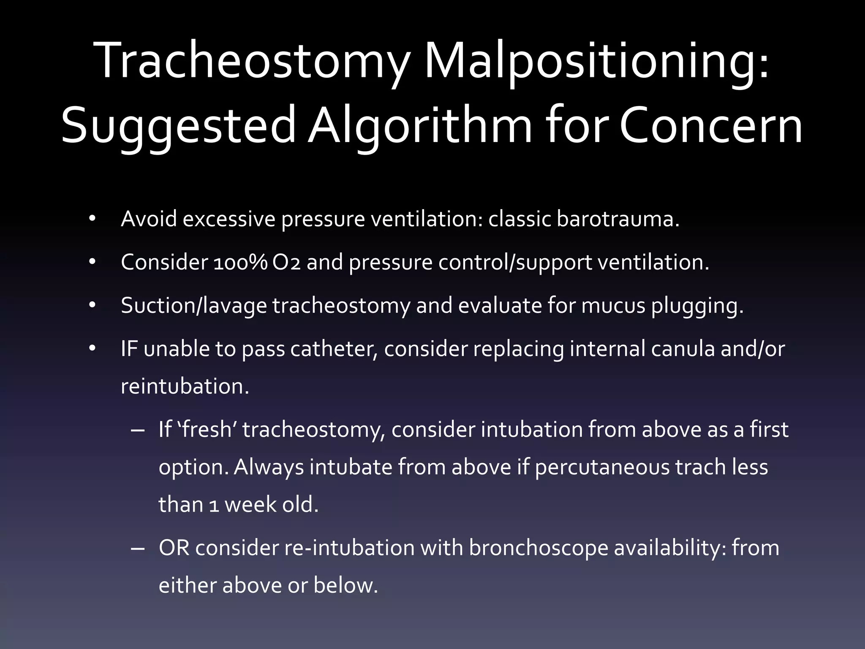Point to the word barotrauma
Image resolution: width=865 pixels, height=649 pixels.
pyautogui.click(x=618, y=219)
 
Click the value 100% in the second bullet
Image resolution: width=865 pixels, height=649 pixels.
pyautogui.click(x=240, y=262)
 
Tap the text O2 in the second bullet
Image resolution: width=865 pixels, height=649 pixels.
pyautogui.click(x=286, y=262)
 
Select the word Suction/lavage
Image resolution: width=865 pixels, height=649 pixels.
pyautogui.click(x=194, y=306)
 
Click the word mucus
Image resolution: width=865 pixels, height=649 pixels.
pyautogui.click(x=613, y=305)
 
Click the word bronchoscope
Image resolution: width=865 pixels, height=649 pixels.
pyautogui.click(x=538, y=548)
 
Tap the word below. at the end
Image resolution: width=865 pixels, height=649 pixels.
pyautogui.click(x=345, y=586)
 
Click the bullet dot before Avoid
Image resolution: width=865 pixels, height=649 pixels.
pyautogui.click(x=92, y=219)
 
